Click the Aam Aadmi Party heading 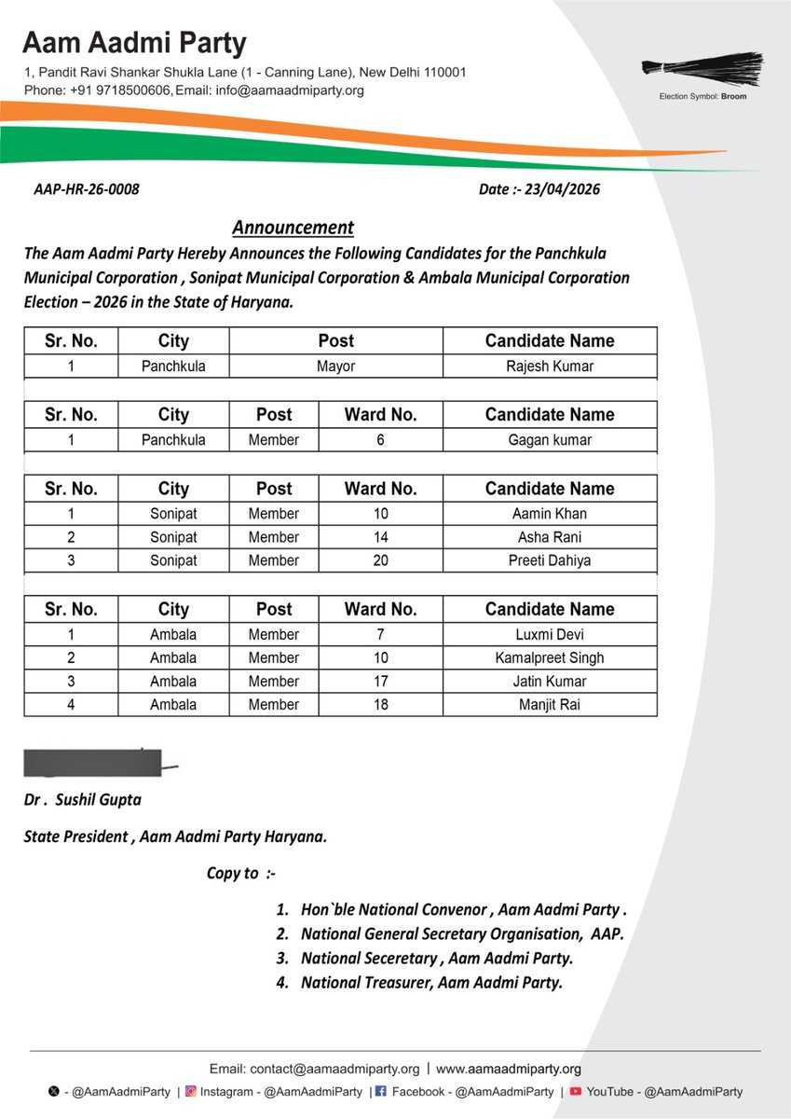135,43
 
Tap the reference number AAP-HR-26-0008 86,189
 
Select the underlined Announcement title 293,228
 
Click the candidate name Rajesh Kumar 550,366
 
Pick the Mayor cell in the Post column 335,366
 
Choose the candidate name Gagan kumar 550,440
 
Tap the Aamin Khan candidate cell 550,514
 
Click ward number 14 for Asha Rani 380,537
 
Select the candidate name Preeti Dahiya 550,560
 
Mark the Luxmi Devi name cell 550,634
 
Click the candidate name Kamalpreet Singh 550,657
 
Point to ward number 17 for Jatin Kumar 380,681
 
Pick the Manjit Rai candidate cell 550,704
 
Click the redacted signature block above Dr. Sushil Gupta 93,762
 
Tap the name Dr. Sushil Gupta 83,800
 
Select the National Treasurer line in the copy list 431,982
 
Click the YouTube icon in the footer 576,1091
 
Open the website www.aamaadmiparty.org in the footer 509,1069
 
